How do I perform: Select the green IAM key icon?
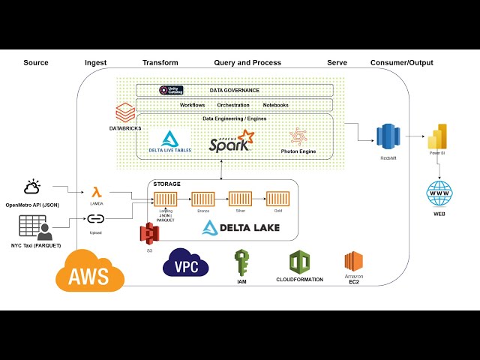[x=241, y=263]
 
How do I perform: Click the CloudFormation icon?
[x=300, y=262]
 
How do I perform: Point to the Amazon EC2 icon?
[x=353, y=262]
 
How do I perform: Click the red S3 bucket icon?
[x=150, y=234]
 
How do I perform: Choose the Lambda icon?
[x=96, y=193]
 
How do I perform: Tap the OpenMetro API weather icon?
[x=32, y=187]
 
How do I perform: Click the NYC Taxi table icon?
[x=32, y=228]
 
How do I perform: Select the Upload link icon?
[x=96, y=219]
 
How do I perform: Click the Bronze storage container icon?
[x=202, y=199]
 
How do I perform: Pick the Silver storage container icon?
[x=240, y=199]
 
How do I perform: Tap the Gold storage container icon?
[x=277, y=199]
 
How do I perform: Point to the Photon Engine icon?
[x=298, y=136]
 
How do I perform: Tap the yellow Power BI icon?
[x=436, y=137]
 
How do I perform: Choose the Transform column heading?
[x=160, y=63]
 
